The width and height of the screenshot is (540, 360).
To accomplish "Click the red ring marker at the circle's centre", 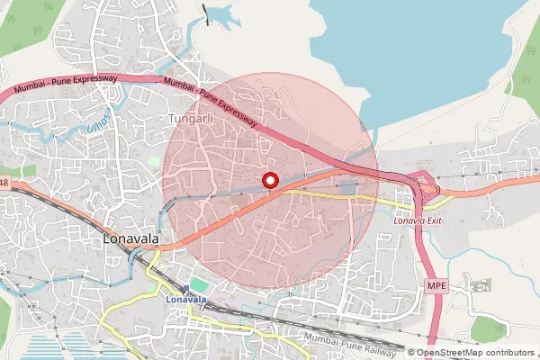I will click(270, 181).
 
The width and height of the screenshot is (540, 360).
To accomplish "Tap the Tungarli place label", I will click(187, 119).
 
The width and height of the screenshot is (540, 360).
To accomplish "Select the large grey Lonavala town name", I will click(131, 240).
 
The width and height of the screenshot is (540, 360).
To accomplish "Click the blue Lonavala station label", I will click(186, 299).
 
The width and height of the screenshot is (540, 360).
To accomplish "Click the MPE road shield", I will click(436, 284).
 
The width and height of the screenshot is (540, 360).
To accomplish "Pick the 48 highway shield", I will click(4, 184).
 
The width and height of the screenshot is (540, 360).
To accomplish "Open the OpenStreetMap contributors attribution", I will click(475, 353).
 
